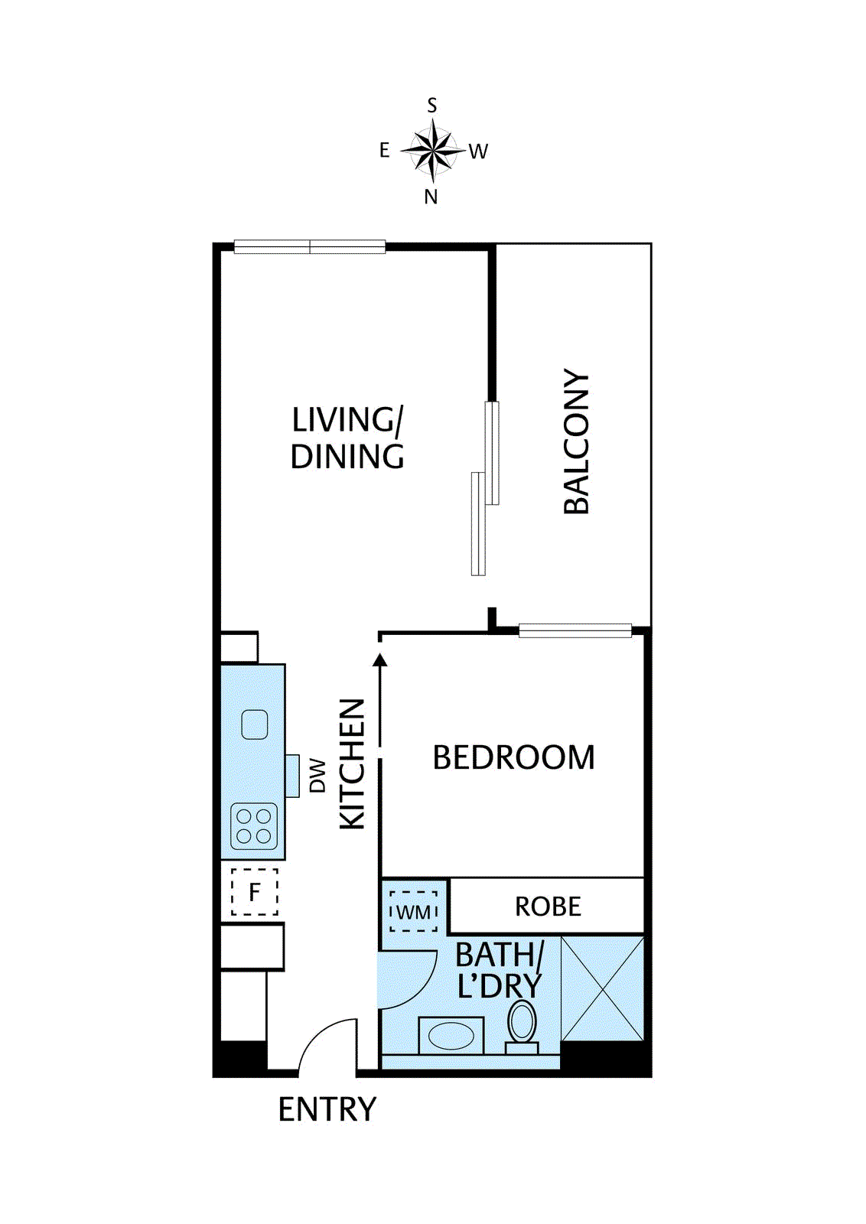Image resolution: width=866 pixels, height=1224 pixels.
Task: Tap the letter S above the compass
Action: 432,106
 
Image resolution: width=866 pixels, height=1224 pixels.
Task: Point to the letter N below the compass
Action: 431,197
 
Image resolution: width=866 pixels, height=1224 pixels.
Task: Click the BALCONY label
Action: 577,442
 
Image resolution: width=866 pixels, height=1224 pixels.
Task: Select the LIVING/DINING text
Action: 347,438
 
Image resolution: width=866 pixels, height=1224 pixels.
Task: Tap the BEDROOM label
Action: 513,757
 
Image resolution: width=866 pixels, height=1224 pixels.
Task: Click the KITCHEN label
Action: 353,763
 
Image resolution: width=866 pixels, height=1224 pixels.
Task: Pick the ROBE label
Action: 548,907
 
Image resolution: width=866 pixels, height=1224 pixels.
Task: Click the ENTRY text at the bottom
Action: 327,1109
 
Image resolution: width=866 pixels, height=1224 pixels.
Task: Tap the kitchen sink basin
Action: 255,724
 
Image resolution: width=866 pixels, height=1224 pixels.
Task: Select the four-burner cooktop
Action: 254,826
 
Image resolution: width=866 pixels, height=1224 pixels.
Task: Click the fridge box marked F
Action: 254,892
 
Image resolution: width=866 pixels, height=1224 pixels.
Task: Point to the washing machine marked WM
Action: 413,912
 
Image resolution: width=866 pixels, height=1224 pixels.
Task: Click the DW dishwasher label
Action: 317,776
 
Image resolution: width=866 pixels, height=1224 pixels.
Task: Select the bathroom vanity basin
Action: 451,1037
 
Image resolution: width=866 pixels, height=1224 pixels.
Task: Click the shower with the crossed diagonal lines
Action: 603,988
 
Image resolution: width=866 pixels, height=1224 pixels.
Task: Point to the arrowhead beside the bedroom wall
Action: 380,659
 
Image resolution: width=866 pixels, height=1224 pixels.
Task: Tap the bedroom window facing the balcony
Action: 575,631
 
